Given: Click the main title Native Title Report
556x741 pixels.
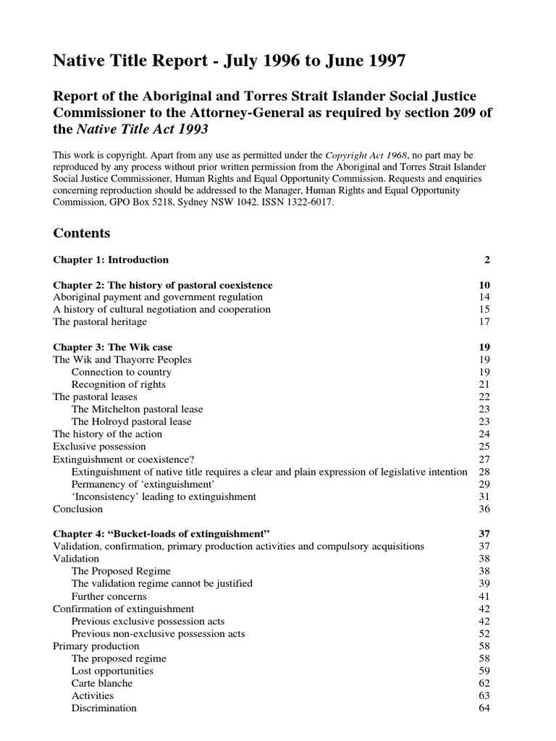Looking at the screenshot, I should [229, 62].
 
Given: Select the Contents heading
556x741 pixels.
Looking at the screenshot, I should [82, 233].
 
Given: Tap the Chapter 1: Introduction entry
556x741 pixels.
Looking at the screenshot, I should [111, 260].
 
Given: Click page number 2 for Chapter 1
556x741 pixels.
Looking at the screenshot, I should [487, 260].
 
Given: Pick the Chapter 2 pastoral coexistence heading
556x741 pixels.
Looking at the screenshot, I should [163, 285].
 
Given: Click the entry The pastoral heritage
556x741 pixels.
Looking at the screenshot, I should [100, 322].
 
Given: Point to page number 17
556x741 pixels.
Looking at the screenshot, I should [485, 322].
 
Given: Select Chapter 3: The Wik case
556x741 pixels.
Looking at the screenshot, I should [113, 347].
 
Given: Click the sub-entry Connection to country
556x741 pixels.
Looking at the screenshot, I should [122, 372].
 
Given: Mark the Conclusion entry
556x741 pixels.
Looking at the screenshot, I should [78, 509].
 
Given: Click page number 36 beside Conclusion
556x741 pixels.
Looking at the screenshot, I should [485, 509].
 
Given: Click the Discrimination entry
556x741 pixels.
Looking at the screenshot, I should [104, 708].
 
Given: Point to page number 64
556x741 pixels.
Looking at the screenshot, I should [485, 708].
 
